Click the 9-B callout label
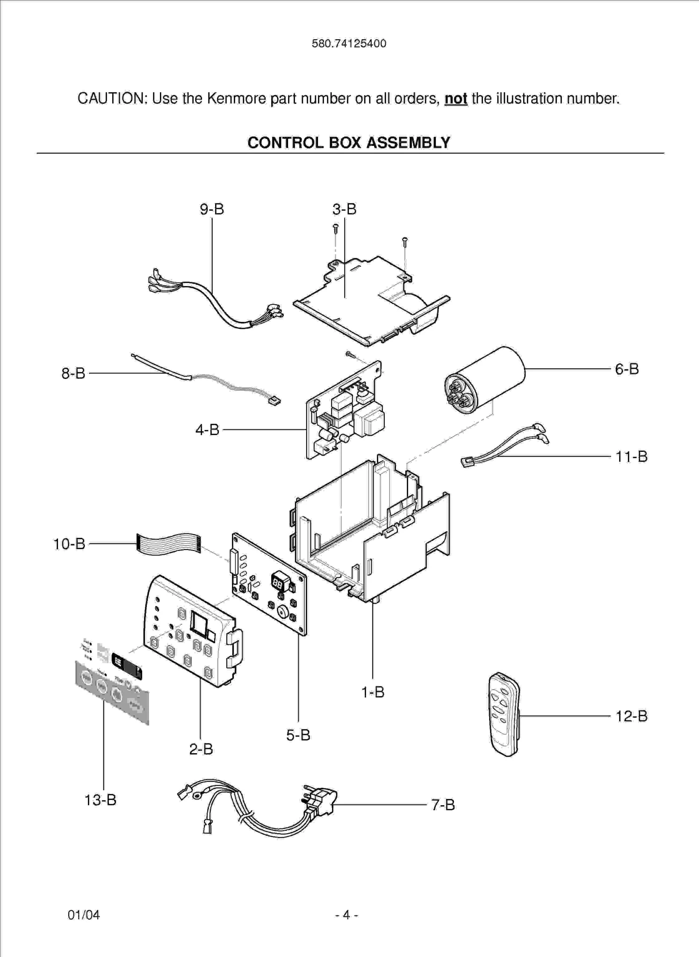212,209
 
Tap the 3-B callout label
345,209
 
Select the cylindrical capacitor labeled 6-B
485,380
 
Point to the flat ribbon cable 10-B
168,543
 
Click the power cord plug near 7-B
320,801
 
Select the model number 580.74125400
349,44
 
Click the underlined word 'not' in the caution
455,99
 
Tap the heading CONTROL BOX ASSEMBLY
349,143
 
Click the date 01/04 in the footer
84,914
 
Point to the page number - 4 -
346,914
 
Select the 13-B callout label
100,800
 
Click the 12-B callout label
631,716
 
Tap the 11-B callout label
631,456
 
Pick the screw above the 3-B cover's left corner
335,229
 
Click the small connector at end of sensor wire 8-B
274,400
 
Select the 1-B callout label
373,692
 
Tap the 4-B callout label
207,429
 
